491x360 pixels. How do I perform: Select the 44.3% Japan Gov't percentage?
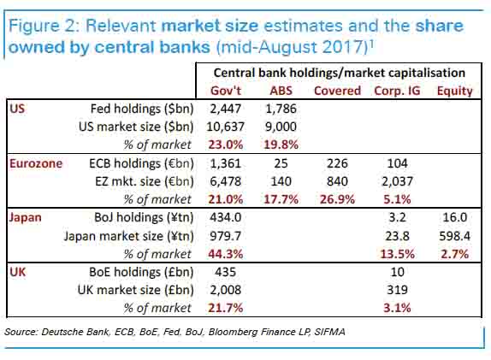tap(227, 252)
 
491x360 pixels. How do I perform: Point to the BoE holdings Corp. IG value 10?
tap(396, 271)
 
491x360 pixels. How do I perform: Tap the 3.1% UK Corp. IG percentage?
tap(396, 307)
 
